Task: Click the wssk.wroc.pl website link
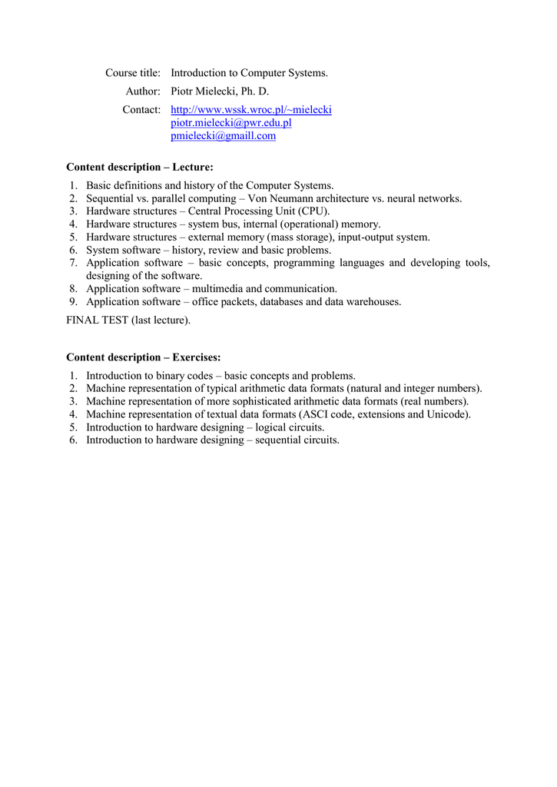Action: tap(250, 110)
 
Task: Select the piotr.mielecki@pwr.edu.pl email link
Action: tap(230, 123)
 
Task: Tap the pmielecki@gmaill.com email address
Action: tap(223, 136)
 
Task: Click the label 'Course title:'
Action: tap(133, 73)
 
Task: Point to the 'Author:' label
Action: tap(143, 91)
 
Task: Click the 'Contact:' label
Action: tap(141, 110)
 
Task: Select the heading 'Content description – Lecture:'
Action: tap(140, 167)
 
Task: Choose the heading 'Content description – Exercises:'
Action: tap(144, 357)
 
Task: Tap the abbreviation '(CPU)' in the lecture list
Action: tap(314, 211)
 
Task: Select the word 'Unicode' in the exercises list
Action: tap(449, 414)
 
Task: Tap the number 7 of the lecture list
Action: tap(71, 263)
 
